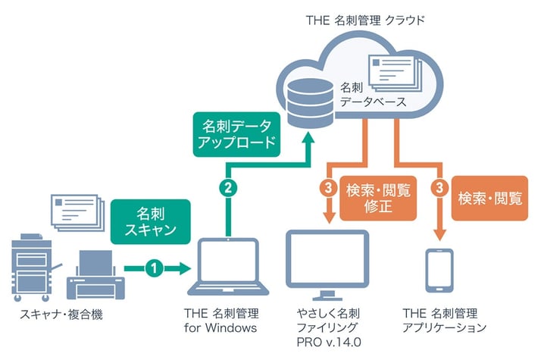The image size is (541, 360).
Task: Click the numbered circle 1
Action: coord(154,267)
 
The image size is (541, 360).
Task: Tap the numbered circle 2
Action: coord(226,184)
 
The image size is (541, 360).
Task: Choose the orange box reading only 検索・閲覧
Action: coord(489,198)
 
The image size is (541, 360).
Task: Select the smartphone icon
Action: coord(439,269)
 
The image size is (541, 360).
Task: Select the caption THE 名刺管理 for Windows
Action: coord(221,320)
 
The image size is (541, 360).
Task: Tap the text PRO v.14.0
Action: coord(329,342)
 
